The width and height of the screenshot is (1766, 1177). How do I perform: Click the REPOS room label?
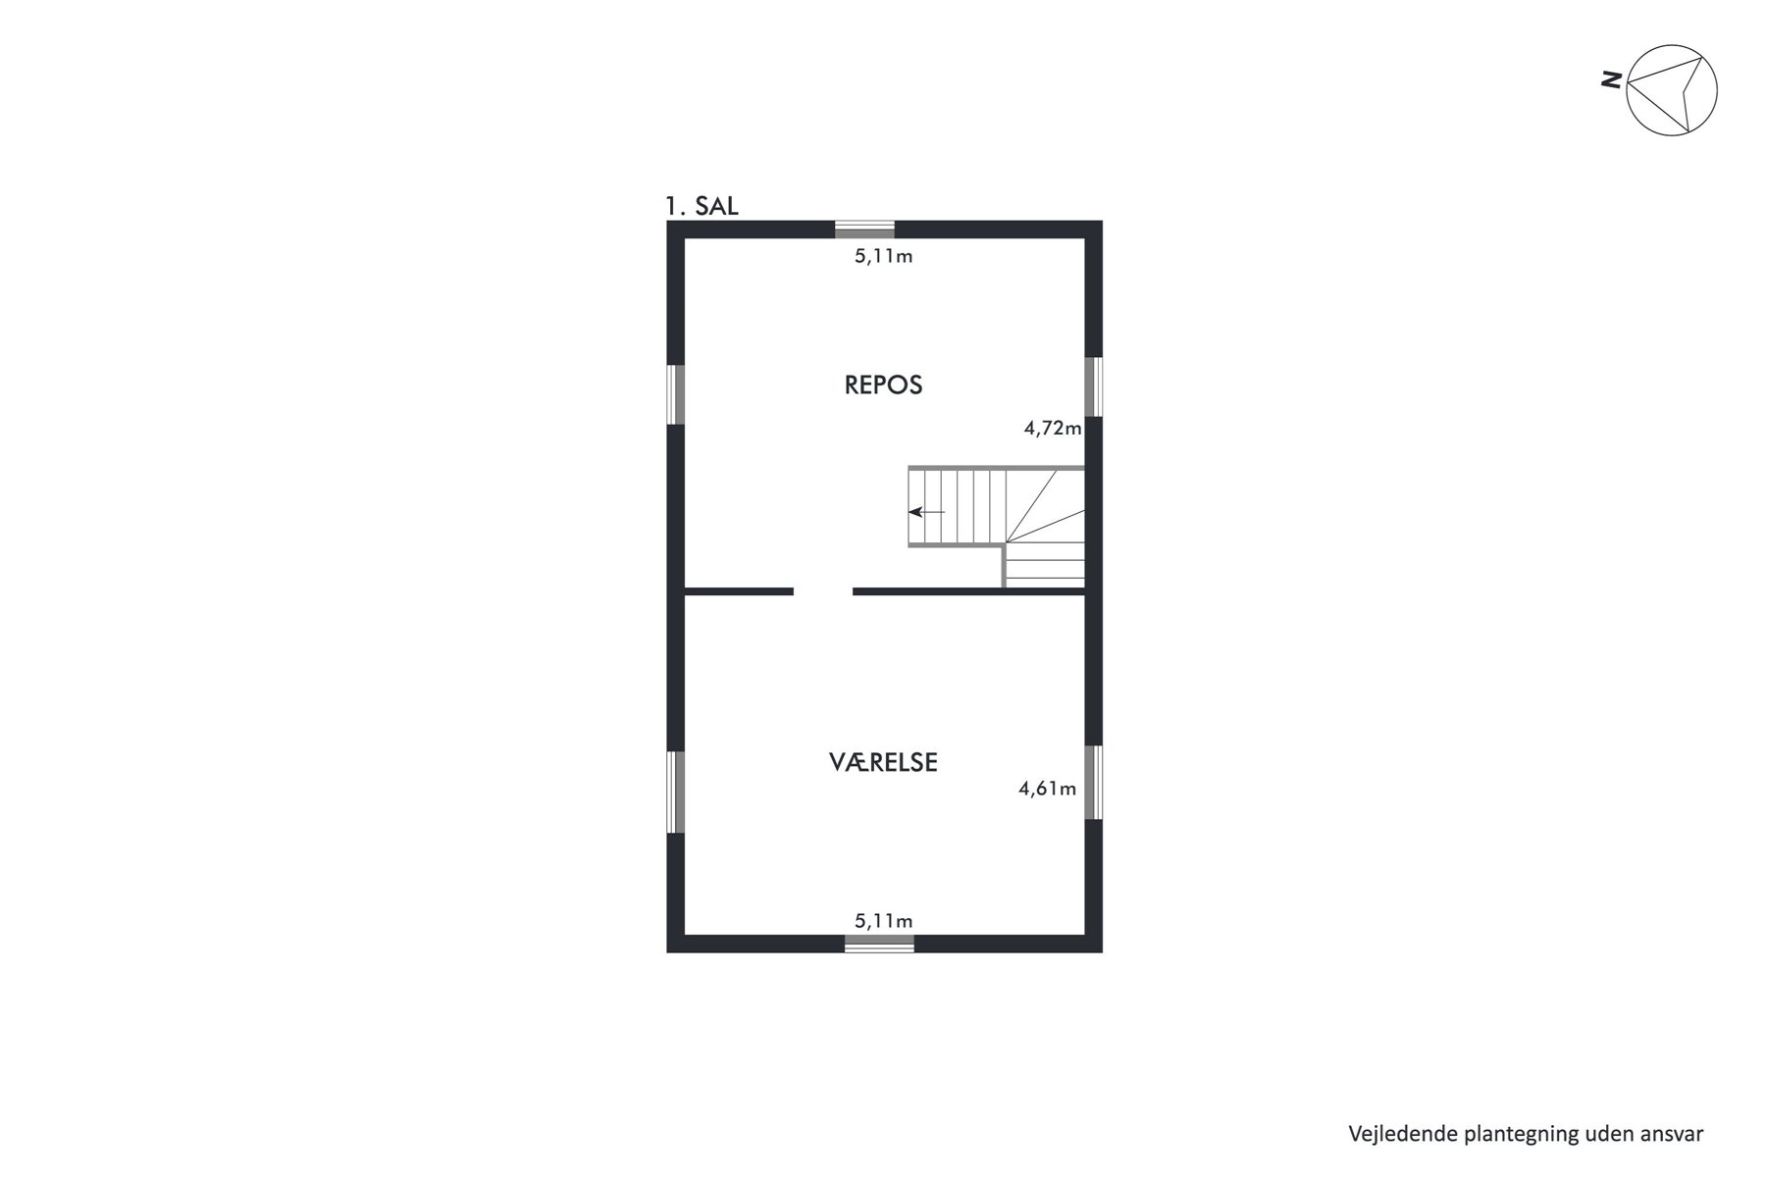click(x=883, y=384)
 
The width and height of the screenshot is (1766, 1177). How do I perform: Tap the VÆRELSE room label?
click(x=883, y=762)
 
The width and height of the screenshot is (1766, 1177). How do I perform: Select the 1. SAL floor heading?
click(x=701, y=206)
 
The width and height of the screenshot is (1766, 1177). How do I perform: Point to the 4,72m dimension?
click(x=1053, y=428)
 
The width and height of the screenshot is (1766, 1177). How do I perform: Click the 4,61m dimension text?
click(x=1048, y=788)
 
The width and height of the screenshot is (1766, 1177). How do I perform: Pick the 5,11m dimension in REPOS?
click(x=884, y=257)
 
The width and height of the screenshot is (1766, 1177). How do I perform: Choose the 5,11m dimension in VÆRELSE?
click(x=884, y=920)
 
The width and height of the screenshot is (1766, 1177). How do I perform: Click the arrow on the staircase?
click(x=926, y=511)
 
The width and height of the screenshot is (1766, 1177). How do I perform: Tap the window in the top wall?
click(x=864, y=230)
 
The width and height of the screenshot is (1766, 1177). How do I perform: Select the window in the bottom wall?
click(x=879, y=944)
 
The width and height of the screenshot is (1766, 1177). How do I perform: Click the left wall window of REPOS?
click(x=675, y=394)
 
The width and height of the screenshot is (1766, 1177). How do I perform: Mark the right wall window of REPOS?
click(x=1094, y=386)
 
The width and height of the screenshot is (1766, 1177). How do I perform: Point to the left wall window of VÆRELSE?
click(x=675, y=792)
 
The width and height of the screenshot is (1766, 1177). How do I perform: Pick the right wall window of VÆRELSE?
click(x=1094, y=782)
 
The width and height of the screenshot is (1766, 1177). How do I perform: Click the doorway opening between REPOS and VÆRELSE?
click(x=823, y=591)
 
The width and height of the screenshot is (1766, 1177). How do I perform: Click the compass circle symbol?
click(x=1672, y=89)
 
